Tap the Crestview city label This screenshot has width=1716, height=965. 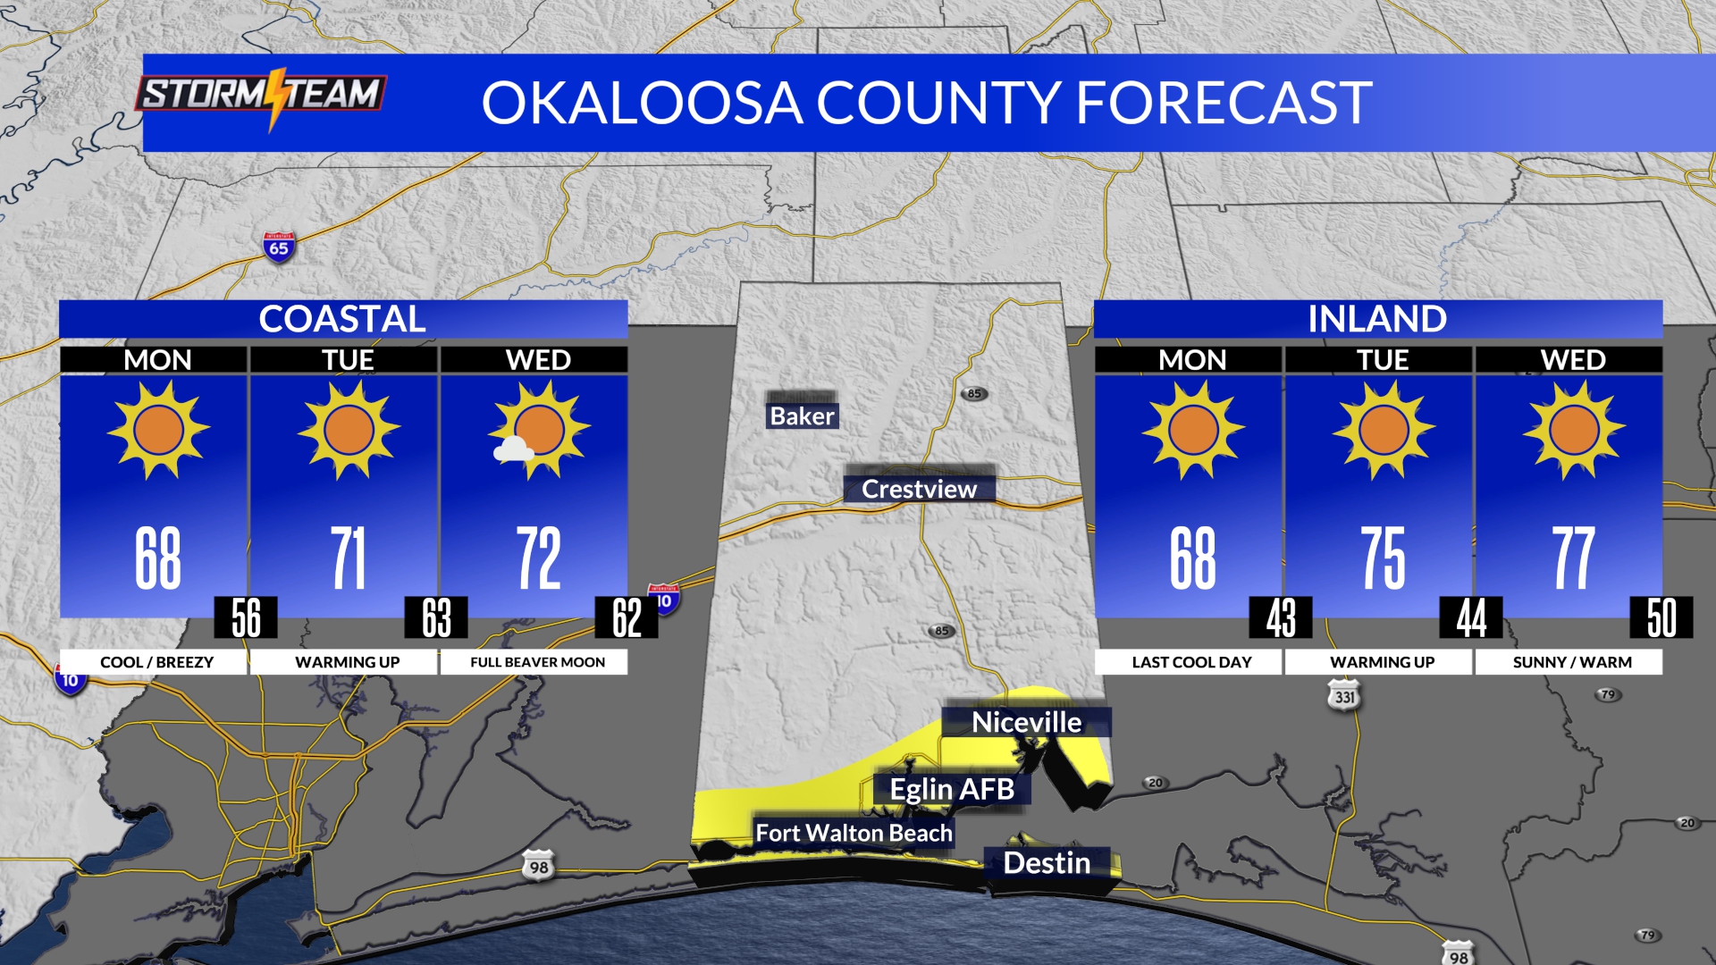click(919, 489)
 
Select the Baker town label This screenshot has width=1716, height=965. click(802, 415)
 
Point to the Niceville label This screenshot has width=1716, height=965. click(1026, 722)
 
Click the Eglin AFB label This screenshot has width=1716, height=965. click(952, 789)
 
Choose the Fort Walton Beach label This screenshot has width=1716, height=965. click(854, 833)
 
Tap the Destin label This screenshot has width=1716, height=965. click(1047, 862)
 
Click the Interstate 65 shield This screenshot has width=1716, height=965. click(279, 247)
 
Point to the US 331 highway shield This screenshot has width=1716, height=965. click(1344, 696)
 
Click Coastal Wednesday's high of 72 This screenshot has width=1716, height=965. click(538, 558)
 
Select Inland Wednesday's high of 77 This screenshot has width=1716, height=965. click(1573, 558)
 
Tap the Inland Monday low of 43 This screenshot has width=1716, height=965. click(1281, 617)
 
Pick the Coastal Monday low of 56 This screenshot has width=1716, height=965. click(246, 617)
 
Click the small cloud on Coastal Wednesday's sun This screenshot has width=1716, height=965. click(513, 449)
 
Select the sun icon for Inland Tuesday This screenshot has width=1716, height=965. click(1383, 430)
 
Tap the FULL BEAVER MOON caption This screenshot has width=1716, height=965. click(537, 662)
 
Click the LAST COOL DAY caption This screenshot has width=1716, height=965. click(1191, 662)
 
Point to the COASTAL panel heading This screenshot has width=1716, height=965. click(342, 319)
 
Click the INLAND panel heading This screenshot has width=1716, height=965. click(1377, 319)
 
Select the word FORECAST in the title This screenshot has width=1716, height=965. click(1224, 103)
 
